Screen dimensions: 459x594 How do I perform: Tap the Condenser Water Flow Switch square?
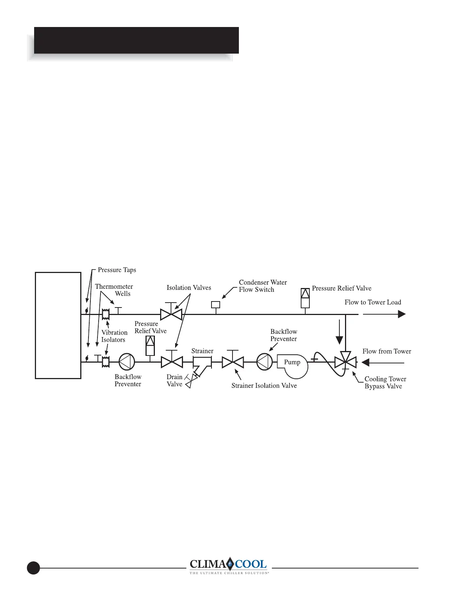pos(215,304)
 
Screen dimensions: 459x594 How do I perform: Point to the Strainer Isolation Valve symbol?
pos(232,362)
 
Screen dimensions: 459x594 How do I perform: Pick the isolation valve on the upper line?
pos(171,314)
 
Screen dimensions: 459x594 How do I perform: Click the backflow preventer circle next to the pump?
pos(264,362)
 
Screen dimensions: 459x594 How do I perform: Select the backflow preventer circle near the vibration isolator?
pos(127,362)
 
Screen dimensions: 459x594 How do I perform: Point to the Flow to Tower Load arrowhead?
pos(402,314)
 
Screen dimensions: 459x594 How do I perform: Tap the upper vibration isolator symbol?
pos(106,314)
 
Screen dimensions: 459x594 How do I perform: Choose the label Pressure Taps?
pos(117,270)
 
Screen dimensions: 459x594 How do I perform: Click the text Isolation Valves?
pos(189,288)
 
